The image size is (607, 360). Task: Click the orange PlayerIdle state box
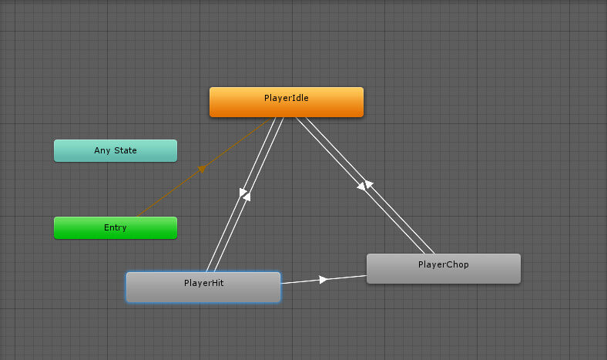pos(287,102)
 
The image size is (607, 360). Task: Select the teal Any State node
pos(116,151)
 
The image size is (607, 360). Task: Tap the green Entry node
pos(116,228)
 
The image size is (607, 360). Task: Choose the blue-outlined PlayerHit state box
pos(203,287)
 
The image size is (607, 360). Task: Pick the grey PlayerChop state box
pos(444,268)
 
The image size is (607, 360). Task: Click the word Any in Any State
pos(102,150)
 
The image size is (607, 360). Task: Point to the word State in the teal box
pos(126,150)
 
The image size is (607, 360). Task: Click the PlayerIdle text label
pos(287,98)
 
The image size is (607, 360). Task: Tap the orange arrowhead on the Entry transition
pos(202,169)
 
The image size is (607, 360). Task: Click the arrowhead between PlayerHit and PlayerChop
pos(324,279)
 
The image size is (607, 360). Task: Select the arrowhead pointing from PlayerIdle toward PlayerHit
pos(243,192)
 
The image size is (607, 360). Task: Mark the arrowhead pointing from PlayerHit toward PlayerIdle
pos(247,197)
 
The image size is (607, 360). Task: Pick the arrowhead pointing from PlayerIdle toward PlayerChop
pos(361,187)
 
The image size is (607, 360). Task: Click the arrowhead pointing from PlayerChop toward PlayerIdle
pos(368,184)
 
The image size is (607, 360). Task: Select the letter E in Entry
pos(106,227)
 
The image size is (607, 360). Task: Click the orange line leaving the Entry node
pos(203,167)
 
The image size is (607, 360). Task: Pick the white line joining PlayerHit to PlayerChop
pos(324,279)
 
